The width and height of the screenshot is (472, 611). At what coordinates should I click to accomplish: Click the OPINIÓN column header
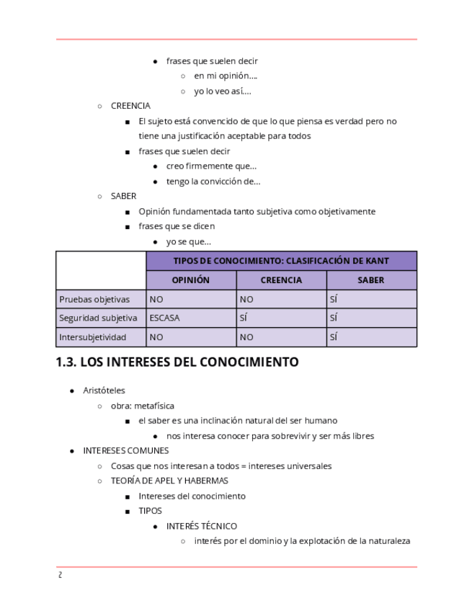pos(190,280)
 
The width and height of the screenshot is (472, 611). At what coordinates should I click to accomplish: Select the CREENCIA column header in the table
pos(281,280)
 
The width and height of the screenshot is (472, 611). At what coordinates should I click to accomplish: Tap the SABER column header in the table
pos(371,280)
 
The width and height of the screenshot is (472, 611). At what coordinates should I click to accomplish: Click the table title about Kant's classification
pos(281,261)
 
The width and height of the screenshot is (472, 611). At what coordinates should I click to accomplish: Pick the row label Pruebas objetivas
pos(94,299)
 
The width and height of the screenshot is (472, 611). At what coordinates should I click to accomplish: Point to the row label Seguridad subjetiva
pos(98,318)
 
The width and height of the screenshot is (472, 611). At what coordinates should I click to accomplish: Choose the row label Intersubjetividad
pos(93,336)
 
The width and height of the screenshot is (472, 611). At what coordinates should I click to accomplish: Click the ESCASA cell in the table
pos(164,318)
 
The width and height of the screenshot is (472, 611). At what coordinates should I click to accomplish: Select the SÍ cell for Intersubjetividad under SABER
pos(334,336)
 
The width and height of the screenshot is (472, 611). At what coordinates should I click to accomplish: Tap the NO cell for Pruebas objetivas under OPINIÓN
pos(156,299)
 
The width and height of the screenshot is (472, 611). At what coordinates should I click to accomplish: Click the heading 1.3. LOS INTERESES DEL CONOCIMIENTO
pos(177,362)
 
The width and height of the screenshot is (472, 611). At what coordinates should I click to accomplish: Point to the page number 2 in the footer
pos(60,575)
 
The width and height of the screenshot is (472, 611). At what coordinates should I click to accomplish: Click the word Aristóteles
pos(104,390)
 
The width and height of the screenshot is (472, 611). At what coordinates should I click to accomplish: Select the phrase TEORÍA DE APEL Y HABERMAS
pos(169,481)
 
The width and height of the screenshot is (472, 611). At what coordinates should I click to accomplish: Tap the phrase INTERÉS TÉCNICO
pos(201,526)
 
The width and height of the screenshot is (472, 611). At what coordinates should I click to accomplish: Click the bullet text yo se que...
pos(188,242)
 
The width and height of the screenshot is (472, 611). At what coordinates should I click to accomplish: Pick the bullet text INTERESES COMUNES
pos(126,450)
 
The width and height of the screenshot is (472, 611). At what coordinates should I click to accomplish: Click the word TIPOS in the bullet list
pos(150,511)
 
